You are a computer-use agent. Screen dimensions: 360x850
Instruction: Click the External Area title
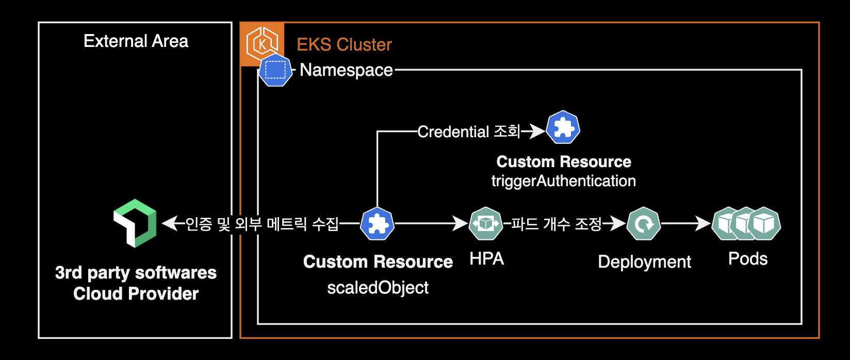pyautogui.click(x=136, y=41)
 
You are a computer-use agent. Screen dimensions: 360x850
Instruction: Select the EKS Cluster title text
pyautogui.click(x=344, y=45)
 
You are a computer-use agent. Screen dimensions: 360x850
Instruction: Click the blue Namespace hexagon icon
pyautogui.click(x=275, y=70)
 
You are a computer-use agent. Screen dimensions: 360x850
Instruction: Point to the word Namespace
pyautogui.click(x=346, y=70)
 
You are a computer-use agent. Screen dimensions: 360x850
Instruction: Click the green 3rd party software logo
pyautogui.click(x=135, y=223)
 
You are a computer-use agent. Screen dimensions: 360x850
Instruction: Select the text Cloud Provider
pyautogui.click(x=136, y=293)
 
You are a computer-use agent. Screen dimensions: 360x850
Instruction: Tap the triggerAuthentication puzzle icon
pyautogui.click(x=563, y=127)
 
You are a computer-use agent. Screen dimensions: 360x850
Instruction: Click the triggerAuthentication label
pyautogui.click(x=563, y=181)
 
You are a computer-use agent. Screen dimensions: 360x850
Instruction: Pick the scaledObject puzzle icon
pyautogui.click(x=378, y=224)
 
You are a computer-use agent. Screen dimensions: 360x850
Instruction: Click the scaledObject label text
pyautogui.click(x=378, y=287)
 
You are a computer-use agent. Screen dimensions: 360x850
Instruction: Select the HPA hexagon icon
pyautogui.click(x=486, y=223)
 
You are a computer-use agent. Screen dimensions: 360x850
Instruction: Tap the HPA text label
pyautogui.click(x=486, y=258)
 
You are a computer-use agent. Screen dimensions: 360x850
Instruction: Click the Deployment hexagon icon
pyautogui.click(x=644, y=224)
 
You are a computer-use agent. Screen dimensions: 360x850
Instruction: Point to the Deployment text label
pyautogui.click(x=644, y=262)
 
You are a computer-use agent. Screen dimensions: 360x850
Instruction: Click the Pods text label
pyautogui.click(x=748, y=259)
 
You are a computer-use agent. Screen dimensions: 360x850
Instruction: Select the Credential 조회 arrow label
pyautogui.click(x=469, y=132)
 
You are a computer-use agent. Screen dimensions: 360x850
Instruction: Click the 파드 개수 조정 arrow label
pyautogui.click(x=557, y=224)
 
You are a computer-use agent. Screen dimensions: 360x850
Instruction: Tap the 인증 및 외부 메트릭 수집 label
pyautogui.click(x=262, y=224)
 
